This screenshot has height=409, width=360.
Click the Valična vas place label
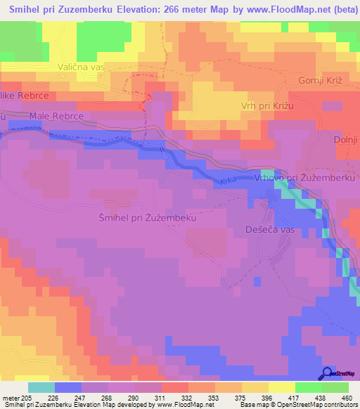(81, 67)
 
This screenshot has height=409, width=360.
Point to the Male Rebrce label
(57, 115)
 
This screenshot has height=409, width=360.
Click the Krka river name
(228, 181)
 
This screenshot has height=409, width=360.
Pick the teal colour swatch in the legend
(41, 387)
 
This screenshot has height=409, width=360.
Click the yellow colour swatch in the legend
(281, 387)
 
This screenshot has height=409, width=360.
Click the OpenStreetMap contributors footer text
(309, 405)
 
